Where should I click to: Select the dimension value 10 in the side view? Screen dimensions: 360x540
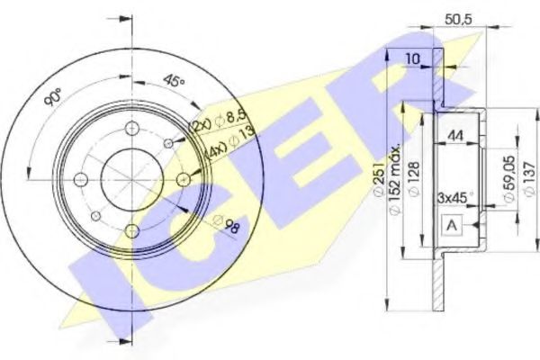[412, 58]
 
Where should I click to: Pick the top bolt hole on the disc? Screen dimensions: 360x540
[132, 127]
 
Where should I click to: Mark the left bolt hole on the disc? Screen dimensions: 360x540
[79, 180]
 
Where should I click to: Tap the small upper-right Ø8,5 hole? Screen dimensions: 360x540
[169, 142]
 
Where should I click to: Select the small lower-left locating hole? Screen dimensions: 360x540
[94, 217]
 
